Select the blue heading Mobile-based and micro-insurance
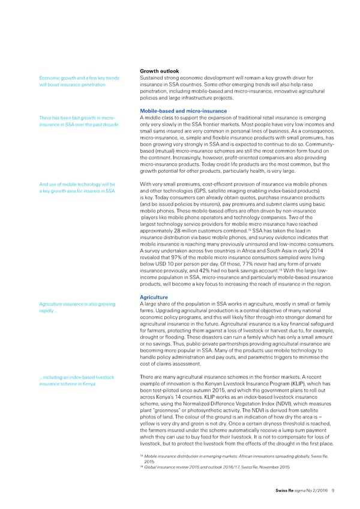(x=182, y=110)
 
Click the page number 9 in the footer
(x=332, y=491)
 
